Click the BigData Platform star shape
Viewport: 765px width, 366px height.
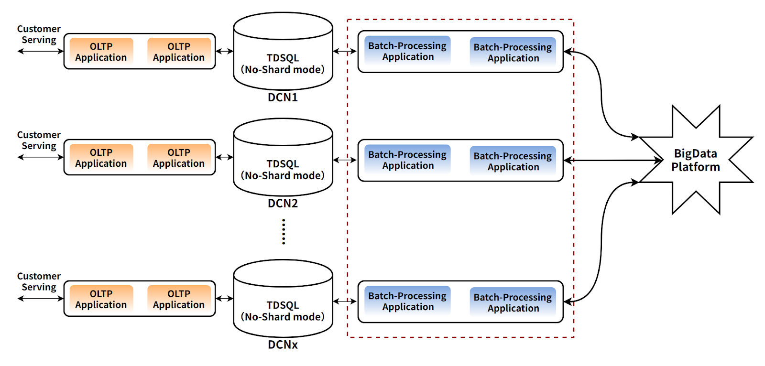[x=696, y=160]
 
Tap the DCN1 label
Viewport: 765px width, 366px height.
[x=283, y=97]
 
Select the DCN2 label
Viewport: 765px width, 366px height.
[x=283, y=204]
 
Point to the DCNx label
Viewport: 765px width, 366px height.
[x=283, y=345]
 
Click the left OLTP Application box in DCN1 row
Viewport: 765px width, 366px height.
[x=101, y=52]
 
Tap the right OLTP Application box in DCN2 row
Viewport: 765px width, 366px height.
[x=179, y=158]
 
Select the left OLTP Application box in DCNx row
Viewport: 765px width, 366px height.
[x=101, y=299]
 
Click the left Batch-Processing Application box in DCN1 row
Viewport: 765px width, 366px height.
[x=407, y=51]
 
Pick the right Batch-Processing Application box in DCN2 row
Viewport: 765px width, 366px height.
[x=513, y=161]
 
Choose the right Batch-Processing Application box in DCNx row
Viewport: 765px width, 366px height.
[x=513, y=302]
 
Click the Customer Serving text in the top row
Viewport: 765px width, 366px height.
[x=39, y=34]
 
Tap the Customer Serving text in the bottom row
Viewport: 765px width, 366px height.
[x=39, y=282]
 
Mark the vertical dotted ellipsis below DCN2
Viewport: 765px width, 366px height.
[x=284, y=232]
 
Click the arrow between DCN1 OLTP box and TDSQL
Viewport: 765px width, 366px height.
[x=225, y=51]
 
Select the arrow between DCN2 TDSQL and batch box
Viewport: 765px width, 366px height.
[x=345, y=160]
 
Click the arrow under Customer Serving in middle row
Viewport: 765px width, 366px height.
[x=41, y=157]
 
